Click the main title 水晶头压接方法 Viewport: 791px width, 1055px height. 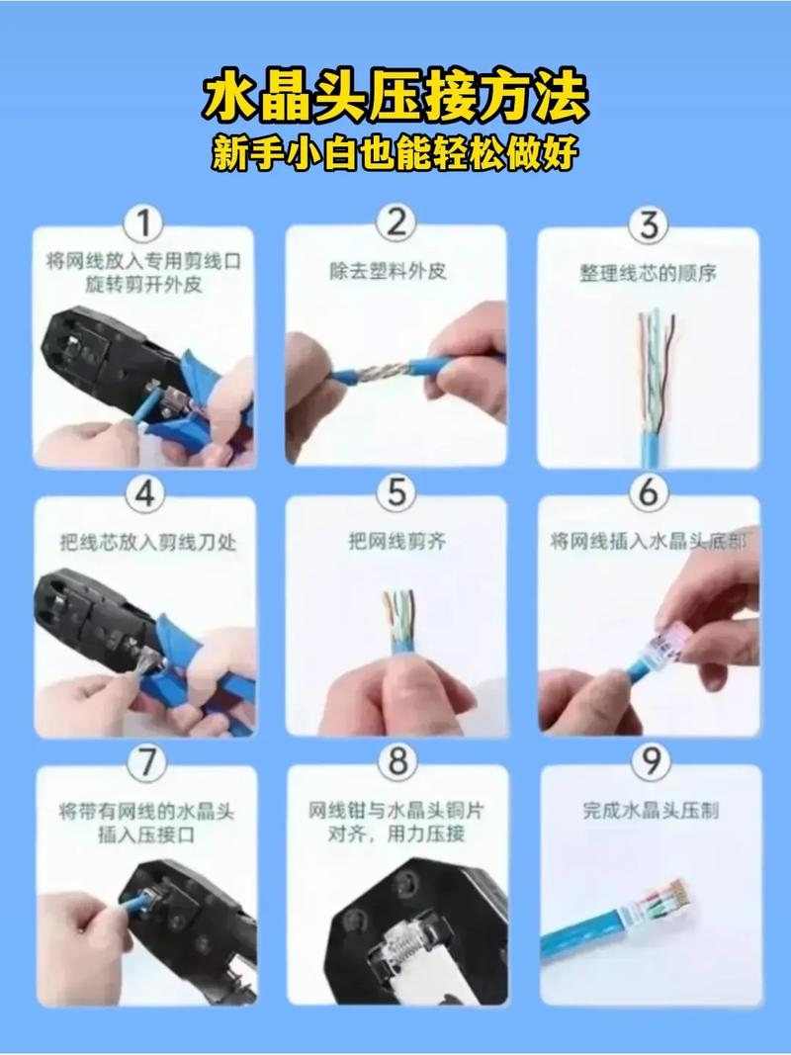click(x=395, y=99)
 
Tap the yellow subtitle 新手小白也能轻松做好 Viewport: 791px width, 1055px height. click(x=395, y=153)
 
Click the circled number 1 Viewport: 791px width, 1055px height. click(x=144, y=224)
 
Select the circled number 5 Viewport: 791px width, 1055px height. click(x=396, y=491)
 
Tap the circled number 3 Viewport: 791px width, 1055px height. click(x=648, y=224)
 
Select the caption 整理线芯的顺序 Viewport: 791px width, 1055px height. click(x=648, y=273)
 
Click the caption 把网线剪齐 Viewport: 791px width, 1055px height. click(x=395, y=541)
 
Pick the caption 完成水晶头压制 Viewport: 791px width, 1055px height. click(x=650, y=810)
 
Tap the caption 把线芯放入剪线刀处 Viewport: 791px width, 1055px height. click(x=146, y=543)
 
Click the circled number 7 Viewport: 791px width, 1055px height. click(x=145, y=762)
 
